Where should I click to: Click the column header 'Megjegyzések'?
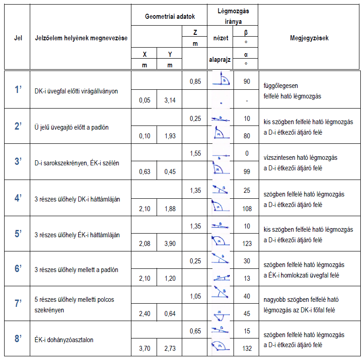coord(309,38)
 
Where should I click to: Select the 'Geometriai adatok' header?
coord(170,16)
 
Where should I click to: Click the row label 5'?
coord(18,234)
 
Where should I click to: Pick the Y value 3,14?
coord(170,100)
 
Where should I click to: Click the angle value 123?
coord(247,243)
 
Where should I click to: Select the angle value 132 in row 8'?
coord(247,349)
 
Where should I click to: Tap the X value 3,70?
coord(145,349)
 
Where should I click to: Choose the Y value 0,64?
coord(170,314)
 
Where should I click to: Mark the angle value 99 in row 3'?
coord(247,171)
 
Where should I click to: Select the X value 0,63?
coord(145,171)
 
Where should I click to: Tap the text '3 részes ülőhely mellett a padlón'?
coord(76,270)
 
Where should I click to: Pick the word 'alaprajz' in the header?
coord(220,60)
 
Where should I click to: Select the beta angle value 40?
coord(247,296)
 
